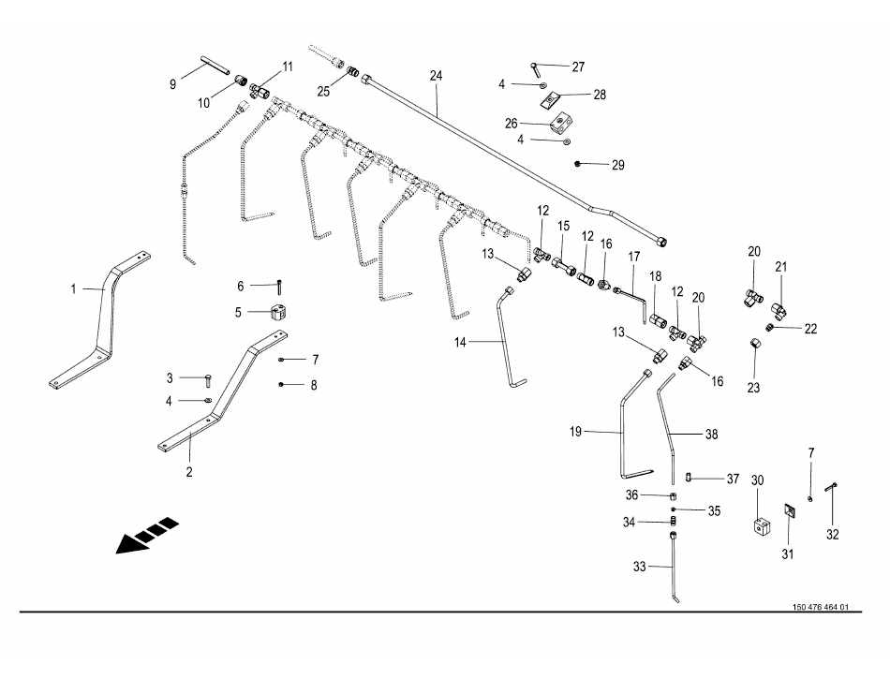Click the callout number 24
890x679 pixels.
pos(436,75)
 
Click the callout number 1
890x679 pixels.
pos(73,288)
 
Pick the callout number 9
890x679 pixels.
pos(172,84)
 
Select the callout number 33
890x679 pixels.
pos(640,566)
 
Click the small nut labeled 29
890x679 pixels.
pos(579,164)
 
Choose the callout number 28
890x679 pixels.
pos(600,95)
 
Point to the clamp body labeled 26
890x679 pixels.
pos(561,122)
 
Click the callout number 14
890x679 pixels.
pos(460,344)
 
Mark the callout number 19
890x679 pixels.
pos(576,432)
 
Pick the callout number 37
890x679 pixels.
pos(734,478)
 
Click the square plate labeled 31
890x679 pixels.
pos(790,509)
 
